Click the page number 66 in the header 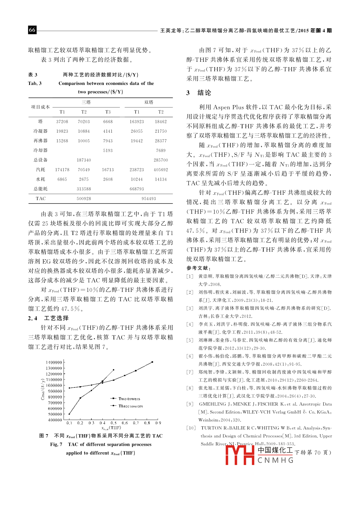coord(32,30)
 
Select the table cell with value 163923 coord(137,122)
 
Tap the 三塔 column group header coord(86,102)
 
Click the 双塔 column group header coord(149,102)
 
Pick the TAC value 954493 coord(149,198)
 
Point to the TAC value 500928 coord(84,198)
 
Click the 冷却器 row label coord(40,150)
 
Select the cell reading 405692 coord(161,170)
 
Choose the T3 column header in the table coord(108,112)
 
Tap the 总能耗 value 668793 coord(137,189)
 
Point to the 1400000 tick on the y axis coord(54,362)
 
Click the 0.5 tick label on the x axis coord(114,423)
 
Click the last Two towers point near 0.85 coord(152,362)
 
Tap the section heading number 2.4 coord(33,318)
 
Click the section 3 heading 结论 coord(204,93)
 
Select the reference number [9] coord(190,404)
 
